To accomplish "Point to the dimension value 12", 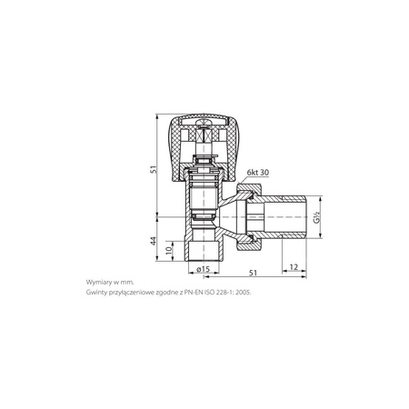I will click(x=294, y=267).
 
